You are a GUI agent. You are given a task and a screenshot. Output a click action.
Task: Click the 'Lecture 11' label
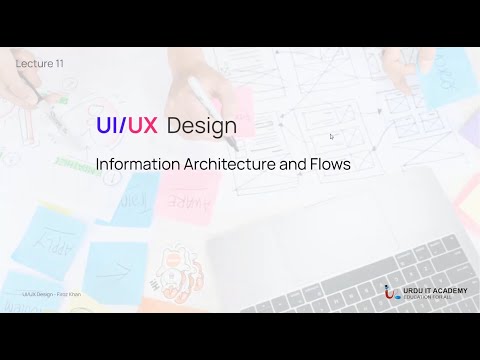point(40,63)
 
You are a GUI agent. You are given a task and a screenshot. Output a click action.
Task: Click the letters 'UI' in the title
point(107,126)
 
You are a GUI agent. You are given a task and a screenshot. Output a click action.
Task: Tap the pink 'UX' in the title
point(141,126)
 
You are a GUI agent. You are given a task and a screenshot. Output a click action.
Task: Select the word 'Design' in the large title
point(202,127)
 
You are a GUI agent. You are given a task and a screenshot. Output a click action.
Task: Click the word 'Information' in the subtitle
point(134,164)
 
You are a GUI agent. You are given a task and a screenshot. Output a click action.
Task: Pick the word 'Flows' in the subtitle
point(329,164)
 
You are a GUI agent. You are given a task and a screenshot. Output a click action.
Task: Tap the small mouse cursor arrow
point(331,137)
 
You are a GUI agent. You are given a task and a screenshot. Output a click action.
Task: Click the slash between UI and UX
point(123,126)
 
